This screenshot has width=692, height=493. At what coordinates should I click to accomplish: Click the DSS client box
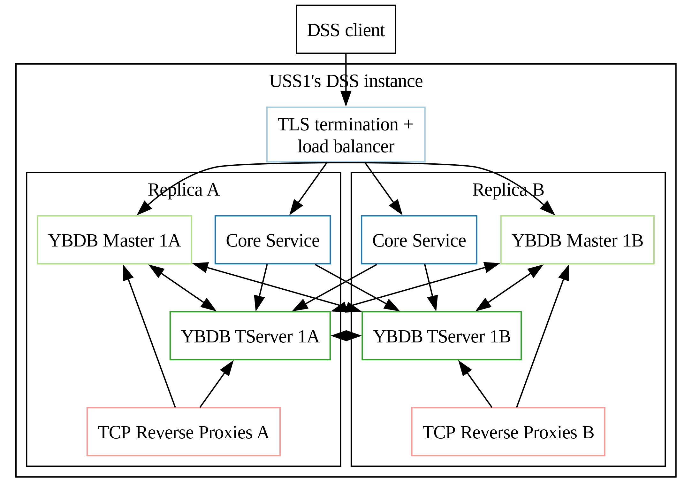tap(346, 29)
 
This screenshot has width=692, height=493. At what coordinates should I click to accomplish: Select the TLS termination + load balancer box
tap(346, 135)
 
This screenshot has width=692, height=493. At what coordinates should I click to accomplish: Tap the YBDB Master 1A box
tap(114, 240)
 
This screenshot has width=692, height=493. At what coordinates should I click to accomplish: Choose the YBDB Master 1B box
tap(577, 240)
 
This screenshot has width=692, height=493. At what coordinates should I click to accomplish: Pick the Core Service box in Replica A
tap(273, 240)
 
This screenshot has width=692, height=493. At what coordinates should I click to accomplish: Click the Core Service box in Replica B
tap(419, 240)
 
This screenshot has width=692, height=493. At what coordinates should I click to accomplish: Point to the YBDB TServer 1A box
tap(250, 336)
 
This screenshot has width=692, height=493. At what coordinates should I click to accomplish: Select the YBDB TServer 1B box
tap(442, 336)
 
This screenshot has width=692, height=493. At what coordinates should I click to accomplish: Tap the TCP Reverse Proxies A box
tap(184, 432)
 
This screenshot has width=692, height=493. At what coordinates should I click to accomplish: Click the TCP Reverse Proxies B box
tap(508, 432)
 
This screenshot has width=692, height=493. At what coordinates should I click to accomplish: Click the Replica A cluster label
tap(184, 190)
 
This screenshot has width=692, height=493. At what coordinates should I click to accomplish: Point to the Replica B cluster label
tap(508, 190)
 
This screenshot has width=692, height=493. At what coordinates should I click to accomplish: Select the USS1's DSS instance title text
tap(346, 81)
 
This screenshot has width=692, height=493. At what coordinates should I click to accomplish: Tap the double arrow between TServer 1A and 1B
tap(346, 336)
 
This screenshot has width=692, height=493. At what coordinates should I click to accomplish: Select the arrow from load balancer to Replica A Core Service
tap(308, 189)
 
